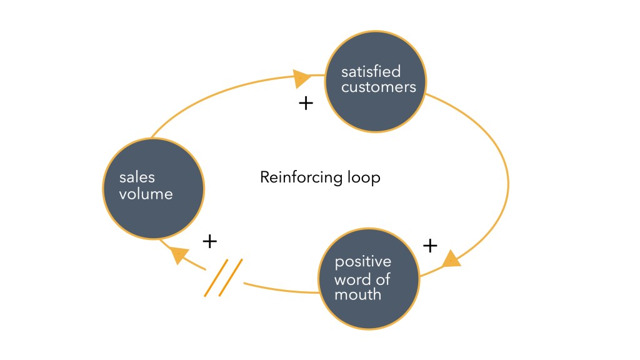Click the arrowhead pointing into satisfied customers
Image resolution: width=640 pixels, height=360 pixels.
coord(302,78)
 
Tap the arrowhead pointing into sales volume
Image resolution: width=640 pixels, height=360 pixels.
coord(179,254)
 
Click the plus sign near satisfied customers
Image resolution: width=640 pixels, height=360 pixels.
coord(306,103)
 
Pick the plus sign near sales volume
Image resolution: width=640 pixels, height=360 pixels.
coord(210,241)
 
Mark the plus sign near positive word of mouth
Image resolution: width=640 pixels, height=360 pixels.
coord(430,246)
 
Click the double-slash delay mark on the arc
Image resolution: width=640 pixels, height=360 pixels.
coord(223,277)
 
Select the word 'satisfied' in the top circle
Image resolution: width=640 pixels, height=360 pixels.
coord(371,71)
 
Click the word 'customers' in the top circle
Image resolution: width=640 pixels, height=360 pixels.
coord(378,87)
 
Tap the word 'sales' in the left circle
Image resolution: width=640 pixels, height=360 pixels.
coord(136,177)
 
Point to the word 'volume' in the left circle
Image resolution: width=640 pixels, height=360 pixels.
coord(146,194)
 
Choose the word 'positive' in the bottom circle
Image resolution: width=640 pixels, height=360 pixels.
coord(362,261)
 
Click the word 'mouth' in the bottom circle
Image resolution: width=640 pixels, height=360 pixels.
coord(357,294)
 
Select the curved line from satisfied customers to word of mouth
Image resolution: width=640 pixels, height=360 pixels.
coord(507,181)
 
